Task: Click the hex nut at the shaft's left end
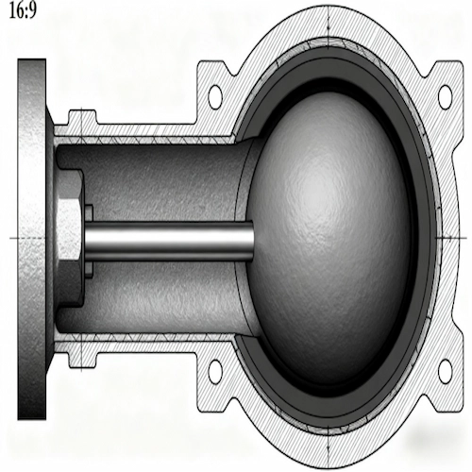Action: pyautogui.click(x=70, y=235)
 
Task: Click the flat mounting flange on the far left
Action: pyautogui.click(x=30, y=236)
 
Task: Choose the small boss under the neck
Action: pyautogui.click(x=79, y=355)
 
